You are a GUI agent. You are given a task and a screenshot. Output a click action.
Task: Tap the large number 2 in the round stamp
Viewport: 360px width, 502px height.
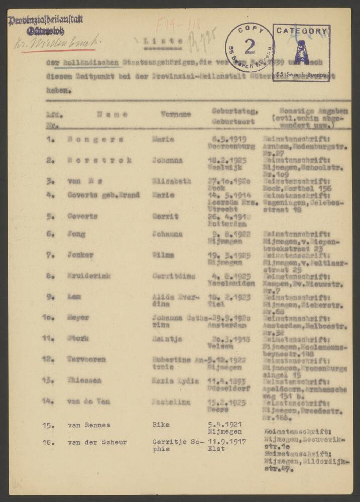pyautogui.click(x=249, y=47)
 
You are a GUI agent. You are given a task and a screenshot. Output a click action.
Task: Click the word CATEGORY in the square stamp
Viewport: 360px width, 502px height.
pyautogui.click(x=301, y=31)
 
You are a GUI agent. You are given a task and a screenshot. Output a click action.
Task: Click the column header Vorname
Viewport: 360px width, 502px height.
pyautogui.click(x=175, y=114)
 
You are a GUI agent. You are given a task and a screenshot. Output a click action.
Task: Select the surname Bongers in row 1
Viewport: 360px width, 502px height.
pyautogui.click(x=93, y=139)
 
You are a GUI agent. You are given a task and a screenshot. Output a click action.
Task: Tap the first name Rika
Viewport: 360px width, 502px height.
pyautogui.click(x=161, y=424)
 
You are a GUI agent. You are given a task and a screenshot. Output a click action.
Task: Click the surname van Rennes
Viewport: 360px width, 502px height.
pyautogui.click(x=89, y=425)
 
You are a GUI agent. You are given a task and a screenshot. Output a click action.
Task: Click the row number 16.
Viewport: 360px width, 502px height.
pyautogui.click(x=50, y=442)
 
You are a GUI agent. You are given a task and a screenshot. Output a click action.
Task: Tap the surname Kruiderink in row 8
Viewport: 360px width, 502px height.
pyautogui.click(x=89, y=276)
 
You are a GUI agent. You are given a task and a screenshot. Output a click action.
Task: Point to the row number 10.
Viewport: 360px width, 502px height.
pyautogui.click(x=50, y=317)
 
